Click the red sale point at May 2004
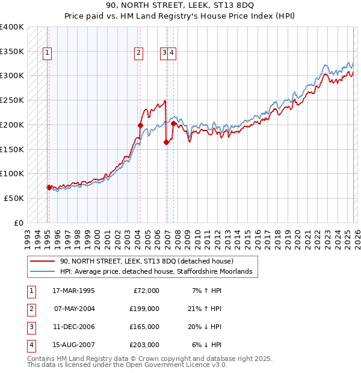pyautogui.click(x=140, y=125)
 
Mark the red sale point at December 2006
pyautogui.click(x=166, y=142)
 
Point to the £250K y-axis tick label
pyautogui.click(x=12, y=100)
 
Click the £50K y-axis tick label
pyautogui.click(x=14, y=198)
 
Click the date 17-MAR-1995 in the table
pyautogui.click(x=73, y=291)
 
